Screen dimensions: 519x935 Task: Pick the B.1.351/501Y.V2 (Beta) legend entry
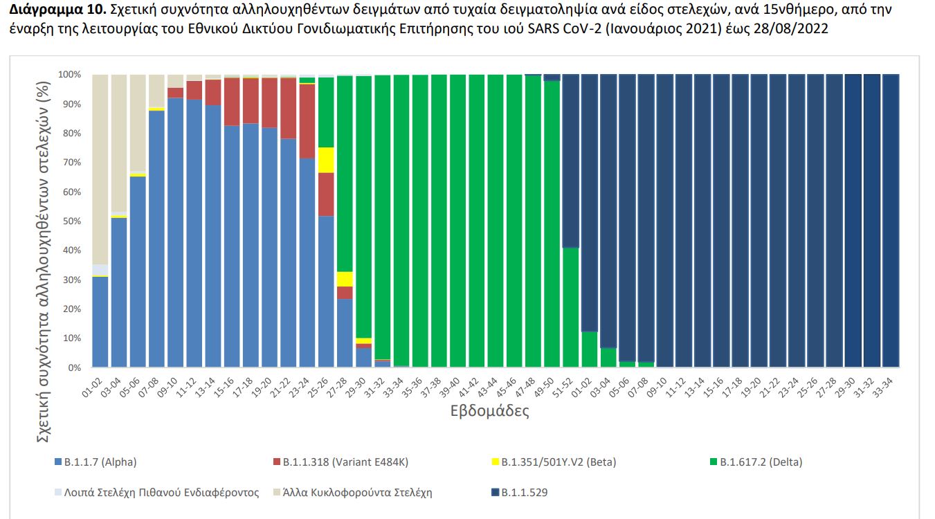pos(552,462)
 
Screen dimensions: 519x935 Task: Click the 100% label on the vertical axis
pos(69,75)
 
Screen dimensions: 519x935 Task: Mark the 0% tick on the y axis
pos(73,368)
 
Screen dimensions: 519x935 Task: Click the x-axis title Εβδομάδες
pos(489,411)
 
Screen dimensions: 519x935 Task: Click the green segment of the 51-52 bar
pos(570,307)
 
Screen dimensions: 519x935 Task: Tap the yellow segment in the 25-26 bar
pos(326,160)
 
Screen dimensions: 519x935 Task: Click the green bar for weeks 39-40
pos(457,221)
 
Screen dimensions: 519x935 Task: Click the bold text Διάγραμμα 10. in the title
pos(47,10)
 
